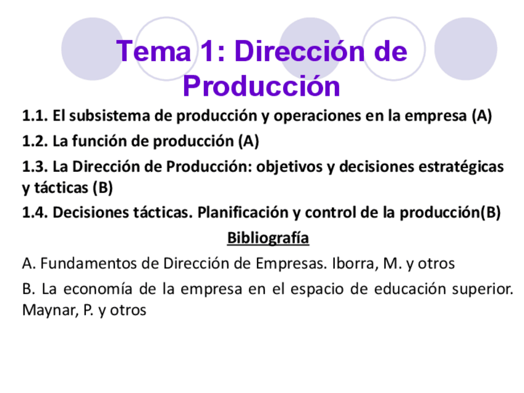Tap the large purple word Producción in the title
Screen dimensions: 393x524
click(261, 86)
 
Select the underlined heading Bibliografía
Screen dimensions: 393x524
click(268, 238)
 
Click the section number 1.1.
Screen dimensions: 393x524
click(35, 116)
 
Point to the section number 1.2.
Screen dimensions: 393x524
click(35, 142)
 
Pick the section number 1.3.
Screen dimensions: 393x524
click(35, 167)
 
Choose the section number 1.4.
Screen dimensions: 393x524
click(35, 213)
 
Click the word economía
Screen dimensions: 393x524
click(104, 289)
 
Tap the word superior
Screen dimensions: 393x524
click(485, 289)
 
